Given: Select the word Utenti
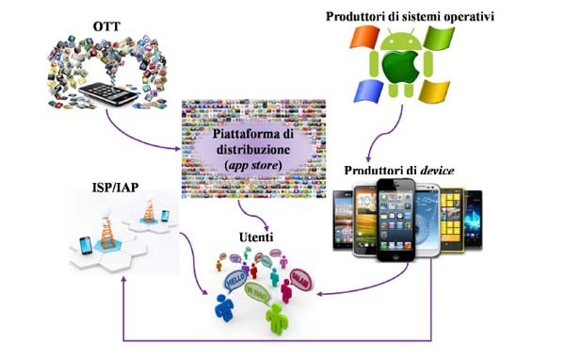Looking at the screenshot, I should click(x=255, y=239).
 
